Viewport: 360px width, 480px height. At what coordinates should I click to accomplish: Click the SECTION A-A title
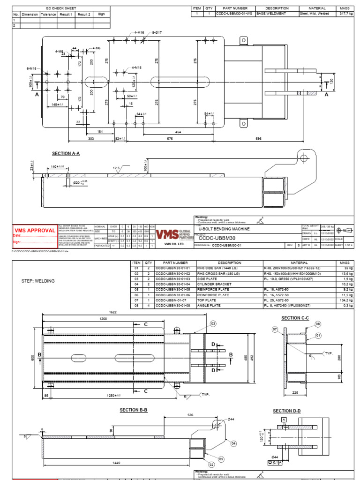pyautogui.click(x=66, y=153)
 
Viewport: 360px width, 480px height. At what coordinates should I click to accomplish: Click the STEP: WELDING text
pyautogui.click(x=38, y=281)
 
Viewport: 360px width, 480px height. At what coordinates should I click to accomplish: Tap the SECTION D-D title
pyautogui.click(x=287, y=411)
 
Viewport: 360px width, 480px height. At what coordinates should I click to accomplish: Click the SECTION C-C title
pyautogui.click(x=295, y=318)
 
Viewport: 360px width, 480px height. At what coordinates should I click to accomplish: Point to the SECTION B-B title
pyautogui.click(x=134, y=410)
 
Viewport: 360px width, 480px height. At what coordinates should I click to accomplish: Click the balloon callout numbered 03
pyautogui.click(x=213, y=323)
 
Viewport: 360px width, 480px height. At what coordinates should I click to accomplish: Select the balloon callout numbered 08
pyautogui.click(x=318, y=324)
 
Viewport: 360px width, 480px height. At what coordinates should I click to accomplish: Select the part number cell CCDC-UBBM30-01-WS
pyautogui.click(x=234, y=14)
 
